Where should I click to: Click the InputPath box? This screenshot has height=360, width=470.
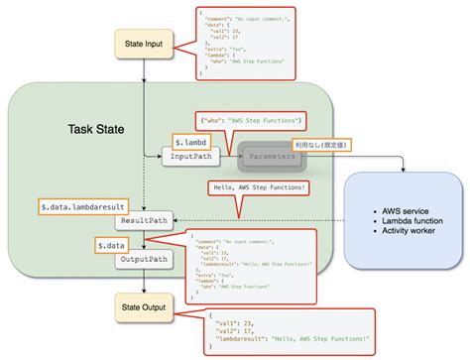(192, 157)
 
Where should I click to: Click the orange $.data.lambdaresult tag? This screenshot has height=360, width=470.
(80, 205)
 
